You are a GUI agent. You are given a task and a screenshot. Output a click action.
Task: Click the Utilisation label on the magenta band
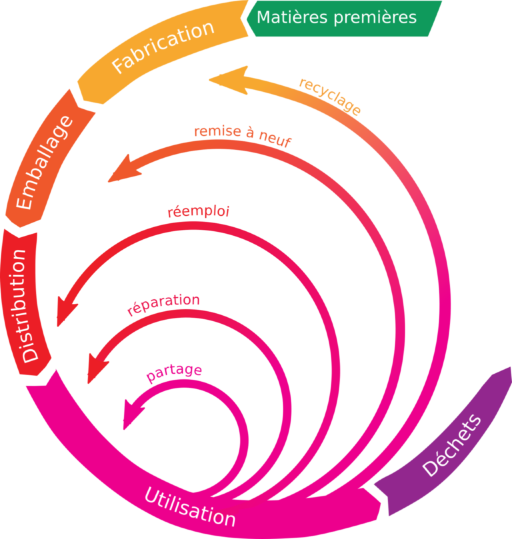pyautogui.click(x=189, y=506)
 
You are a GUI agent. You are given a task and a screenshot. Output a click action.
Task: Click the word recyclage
pyautogui.click(x=330, y=97)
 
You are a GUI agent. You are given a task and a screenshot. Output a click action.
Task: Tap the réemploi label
pyautogui.click(x=198, y=213)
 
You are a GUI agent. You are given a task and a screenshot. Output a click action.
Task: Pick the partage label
pyautogui.click(x=174, y=374)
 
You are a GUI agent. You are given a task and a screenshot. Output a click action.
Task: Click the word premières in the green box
pyautogui.click(x=377, y=17)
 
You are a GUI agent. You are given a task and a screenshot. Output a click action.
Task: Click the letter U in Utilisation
pyautogui.click(x=151, y=495)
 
